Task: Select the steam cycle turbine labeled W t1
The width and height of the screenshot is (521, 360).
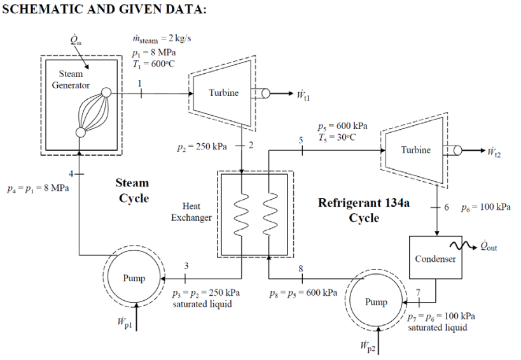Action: (x=223, y=93)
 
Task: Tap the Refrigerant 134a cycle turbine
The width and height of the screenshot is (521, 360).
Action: (x=414, y=150)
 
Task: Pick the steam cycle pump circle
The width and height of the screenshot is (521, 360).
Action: (x=134, y=278)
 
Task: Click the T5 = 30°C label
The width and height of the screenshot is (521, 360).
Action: (x=347, y=136)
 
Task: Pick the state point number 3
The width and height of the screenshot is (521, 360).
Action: (x=185, y=266)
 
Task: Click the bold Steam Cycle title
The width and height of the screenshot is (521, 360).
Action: (x=132, y=191)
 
